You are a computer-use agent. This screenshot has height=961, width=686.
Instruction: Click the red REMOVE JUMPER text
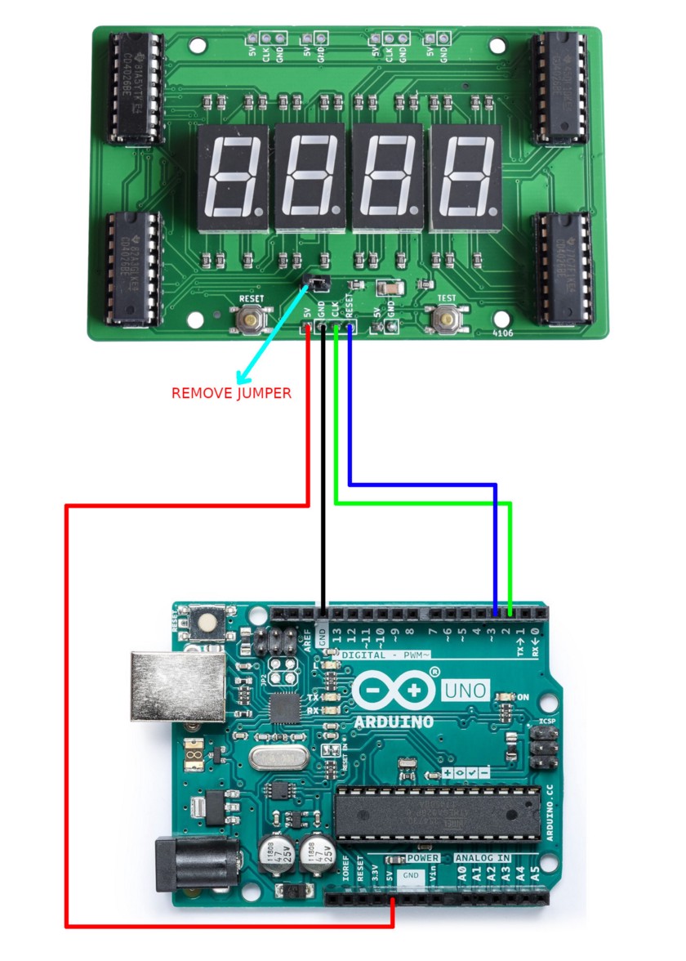pyautogui.click(x=231, y=393)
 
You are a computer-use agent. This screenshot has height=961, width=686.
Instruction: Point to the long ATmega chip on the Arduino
pyautogui.click(x=438, y=812)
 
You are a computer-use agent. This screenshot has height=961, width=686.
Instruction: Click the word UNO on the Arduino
pyautogui.click(x=466, y=691)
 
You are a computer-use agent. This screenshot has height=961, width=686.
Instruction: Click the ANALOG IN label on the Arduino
pyautogui.click(x=482, y=858)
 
